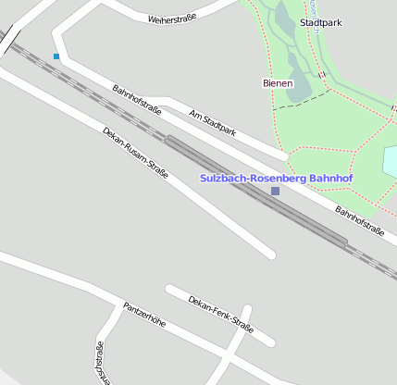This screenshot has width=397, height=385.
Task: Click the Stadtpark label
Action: click(320, 21)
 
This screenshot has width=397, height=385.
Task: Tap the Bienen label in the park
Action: click(278, 83)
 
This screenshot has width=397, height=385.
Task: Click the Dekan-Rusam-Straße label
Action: click(135, 153)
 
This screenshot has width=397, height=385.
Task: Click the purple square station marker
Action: click(275, 191)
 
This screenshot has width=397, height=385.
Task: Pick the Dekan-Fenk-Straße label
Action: click(220, 312)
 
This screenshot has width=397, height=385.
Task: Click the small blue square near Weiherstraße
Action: click(56, 56)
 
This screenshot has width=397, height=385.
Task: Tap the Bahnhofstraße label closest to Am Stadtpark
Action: click(137, 100)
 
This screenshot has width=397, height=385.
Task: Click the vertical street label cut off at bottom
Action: click(100, 363)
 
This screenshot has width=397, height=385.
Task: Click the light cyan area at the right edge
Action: click(391, 161)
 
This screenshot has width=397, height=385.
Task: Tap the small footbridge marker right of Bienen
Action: click(321, 74)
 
